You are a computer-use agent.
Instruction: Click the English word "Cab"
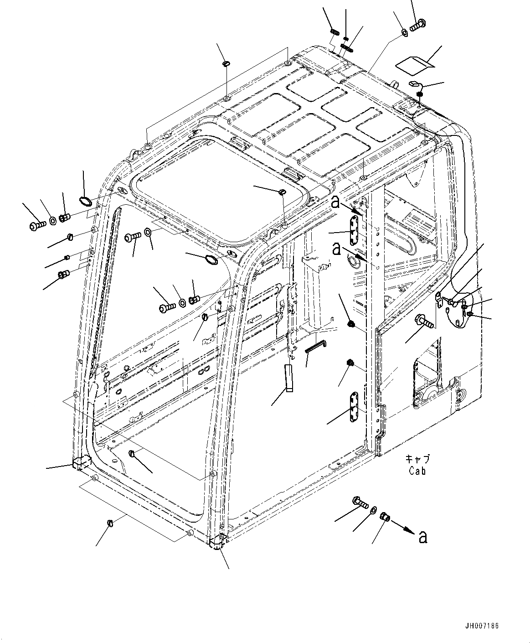(x=417, y=472)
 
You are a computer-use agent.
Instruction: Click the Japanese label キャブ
(x=417, y=460)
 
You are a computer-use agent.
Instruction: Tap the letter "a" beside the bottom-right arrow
(x=423, y=537)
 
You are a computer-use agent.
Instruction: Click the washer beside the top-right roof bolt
(x=405, y=32)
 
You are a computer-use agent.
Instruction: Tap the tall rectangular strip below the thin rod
(x=288, y=378)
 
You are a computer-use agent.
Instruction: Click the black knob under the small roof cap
(x=420, y=94)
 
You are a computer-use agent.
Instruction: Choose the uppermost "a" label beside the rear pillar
(x=336, y=202)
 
